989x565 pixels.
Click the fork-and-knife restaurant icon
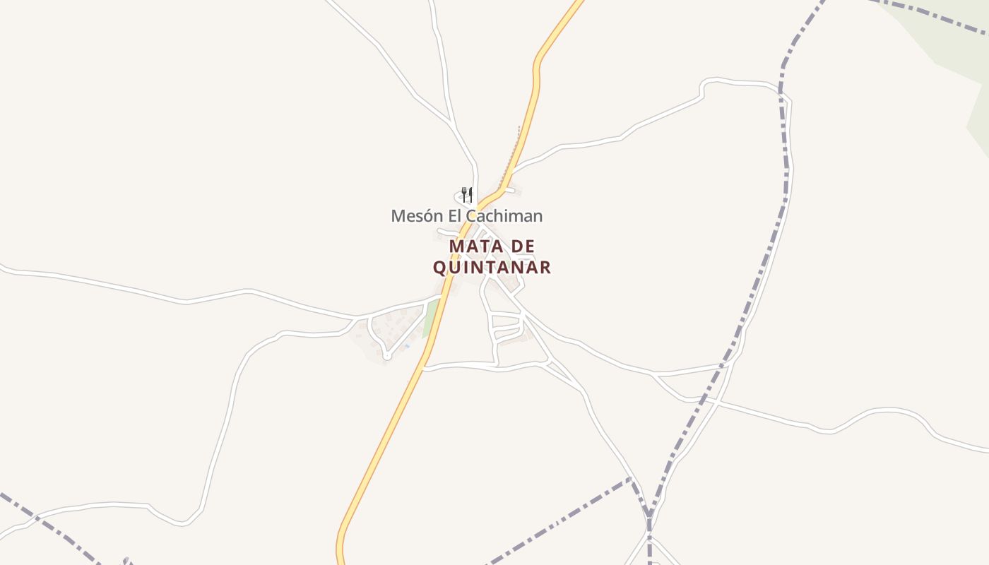(466, 194)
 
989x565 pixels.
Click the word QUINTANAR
(492, 268)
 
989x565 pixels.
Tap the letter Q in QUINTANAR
(439, 268)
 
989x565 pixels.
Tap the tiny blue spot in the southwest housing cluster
(407, 345)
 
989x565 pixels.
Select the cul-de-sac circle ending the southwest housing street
(386, 356)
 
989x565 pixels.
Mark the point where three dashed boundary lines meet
(649, 516)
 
